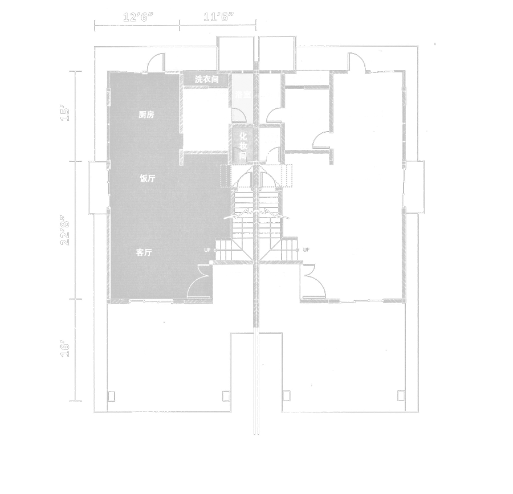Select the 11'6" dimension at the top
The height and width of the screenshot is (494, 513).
pyautogui.click(x=218, y=17)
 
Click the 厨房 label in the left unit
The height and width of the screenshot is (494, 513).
pyautogui.click(x=146, y=115)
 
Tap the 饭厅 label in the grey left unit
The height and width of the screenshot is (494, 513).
pyautogui.click(x=148, y=178)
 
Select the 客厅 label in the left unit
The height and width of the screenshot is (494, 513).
pyautogui.click(x=144, y=253)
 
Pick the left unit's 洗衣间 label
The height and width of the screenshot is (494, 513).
pyautogui.click(x=206, y=80)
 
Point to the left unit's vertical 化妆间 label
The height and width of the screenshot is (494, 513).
pyautogui.click(x=242, y=145)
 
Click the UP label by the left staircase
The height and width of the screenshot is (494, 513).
pyautogui.click(x=207, y=250)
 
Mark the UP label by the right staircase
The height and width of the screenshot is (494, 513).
pyautogui.click(x=306, y=250)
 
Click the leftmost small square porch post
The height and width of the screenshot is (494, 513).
pyautogui.click(x=112, y=395)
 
